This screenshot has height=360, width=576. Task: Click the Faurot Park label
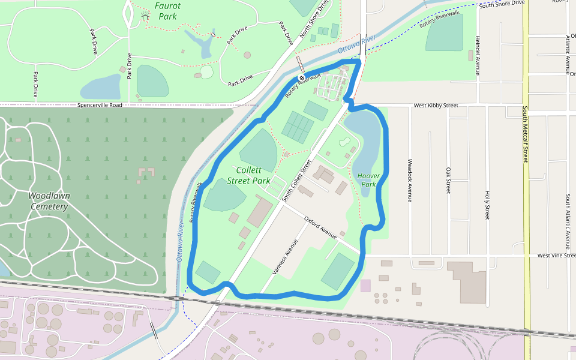167,11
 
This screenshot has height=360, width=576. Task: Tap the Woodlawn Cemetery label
49,201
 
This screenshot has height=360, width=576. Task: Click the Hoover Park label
368,180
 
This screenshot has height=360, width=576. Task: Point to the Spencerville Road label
100,105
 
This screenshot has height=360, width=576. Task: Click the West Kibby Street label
436,106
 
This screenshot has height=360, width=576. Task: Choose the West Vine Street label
555,256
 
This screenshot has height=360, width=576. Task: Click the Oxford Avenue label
320,228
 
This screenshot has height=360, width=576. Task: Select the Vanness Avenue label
285,257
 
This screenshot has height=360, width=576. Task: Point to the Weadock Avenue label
410,180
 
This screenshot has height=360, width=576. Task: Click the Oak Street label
448,180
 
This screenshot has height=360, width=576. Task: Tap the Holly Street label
487,205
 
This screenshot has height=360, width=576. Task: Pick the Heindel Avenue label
478,55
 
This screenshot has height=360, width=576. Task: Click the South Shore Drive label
502,4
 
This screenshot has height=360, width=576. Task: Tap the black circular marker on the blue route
301,78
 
